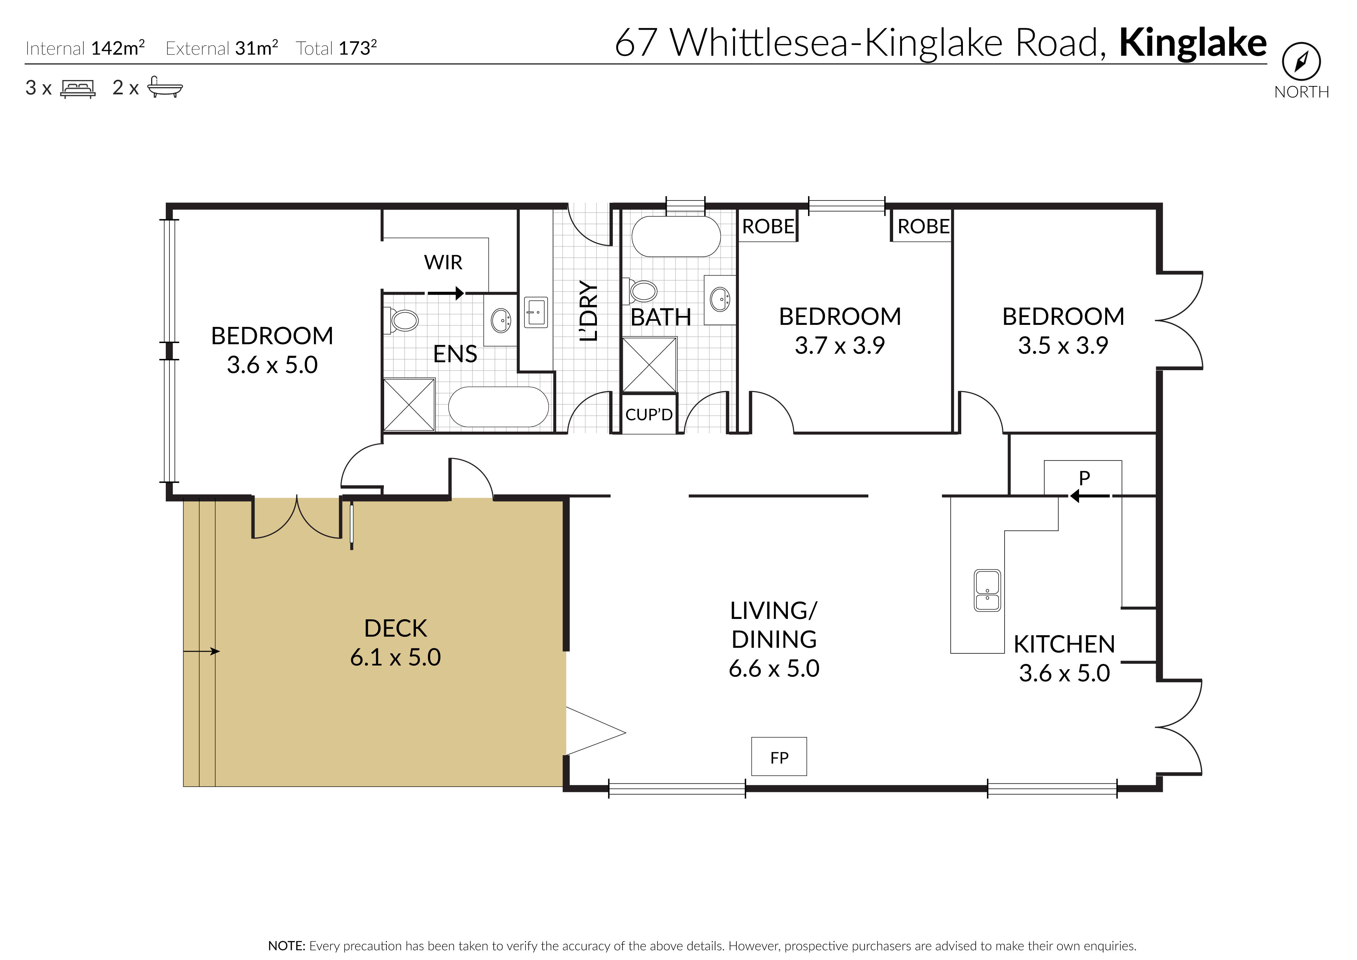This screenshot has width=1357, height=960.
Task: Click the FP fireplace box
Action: point(779,756)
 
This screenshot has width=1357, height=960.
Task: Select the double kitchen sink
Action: point(987,590)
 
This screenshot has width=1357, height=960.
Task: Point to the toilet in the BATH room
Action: point(642,291)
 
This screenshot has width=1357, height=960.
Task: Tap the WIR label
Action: point(443,262)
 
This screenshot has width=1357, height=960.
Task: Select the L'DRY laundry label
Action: point(588,311)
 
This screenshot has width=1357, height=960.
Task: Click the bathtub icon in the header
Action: point(164,87)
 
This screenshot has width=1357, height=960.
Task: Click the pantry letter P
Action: point(1084,478)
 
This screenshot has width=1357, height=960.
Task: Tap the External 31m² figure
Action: point(222,48)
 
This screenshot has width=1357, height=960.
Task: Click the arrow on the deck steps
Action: point(202,651)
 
